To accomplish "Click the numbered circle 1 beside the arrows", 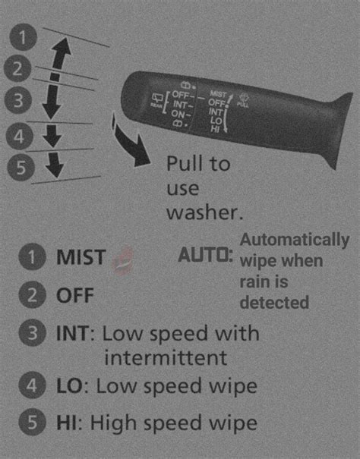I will click(26, 36).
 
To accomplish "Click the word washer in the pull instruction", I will click(199, 212).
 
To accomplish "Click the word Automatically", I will click(295, 241).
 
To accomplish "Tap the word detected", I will click(274, 302).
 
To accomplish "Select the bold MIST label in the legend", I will click(81, 258).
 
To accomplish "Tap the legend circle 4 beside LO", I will click(31, 385).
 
